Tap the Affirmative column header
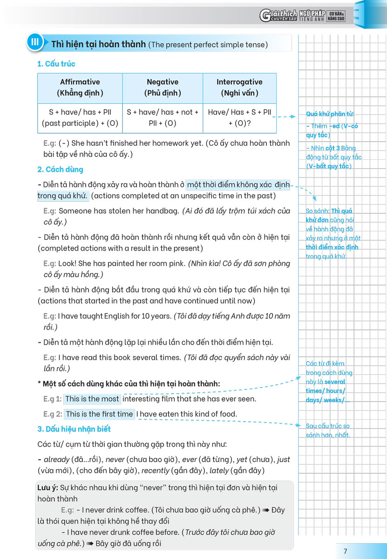(80, 87)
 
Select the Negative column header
(163, 87)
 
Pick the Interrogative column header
(239, 87)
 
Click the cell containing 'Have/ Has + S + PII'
(239, 117)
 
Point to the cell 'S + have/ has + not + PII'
(163, 117)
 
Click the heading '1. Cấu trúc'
(56, 64)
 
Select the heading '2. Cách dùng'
(60, 169)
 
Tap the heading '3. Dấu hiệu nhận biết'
(74, 429)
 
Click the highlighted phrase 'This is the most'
(92, 399)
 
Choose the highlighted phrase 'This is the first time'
(99, 414)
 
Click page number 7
(345, 551)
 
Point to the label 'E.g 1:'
(52, 399)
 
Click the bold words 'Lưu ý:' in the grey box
(48, 487)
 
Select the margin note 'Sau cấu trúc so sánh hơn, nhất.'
(328, 430)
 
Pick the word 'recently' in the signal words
(155, 470)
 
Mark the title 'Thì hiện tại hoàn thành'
(99, 44)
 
